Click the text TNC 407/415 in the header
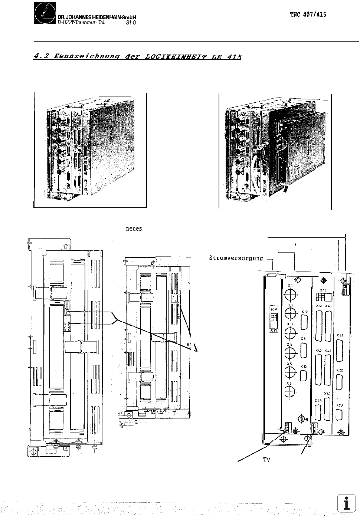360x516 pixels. point(308,15)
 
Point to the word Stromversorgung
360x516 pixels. point(236,258)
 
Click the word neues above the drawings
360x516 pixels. point(134,229)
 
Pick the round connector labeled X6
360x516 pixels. point(290,391)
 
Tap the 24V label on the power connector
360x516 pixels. point(274,309)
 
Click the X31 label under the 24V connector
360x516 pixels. point(274,330)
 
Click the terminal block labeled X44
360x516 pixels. point(323,297)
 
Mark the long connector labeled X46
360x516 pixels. point(327,369)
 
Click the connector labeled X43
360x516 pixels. point(318,413)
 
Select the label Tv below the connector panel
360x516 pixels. point(266,459)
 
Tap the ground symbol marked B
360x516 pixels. point(302,419)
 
